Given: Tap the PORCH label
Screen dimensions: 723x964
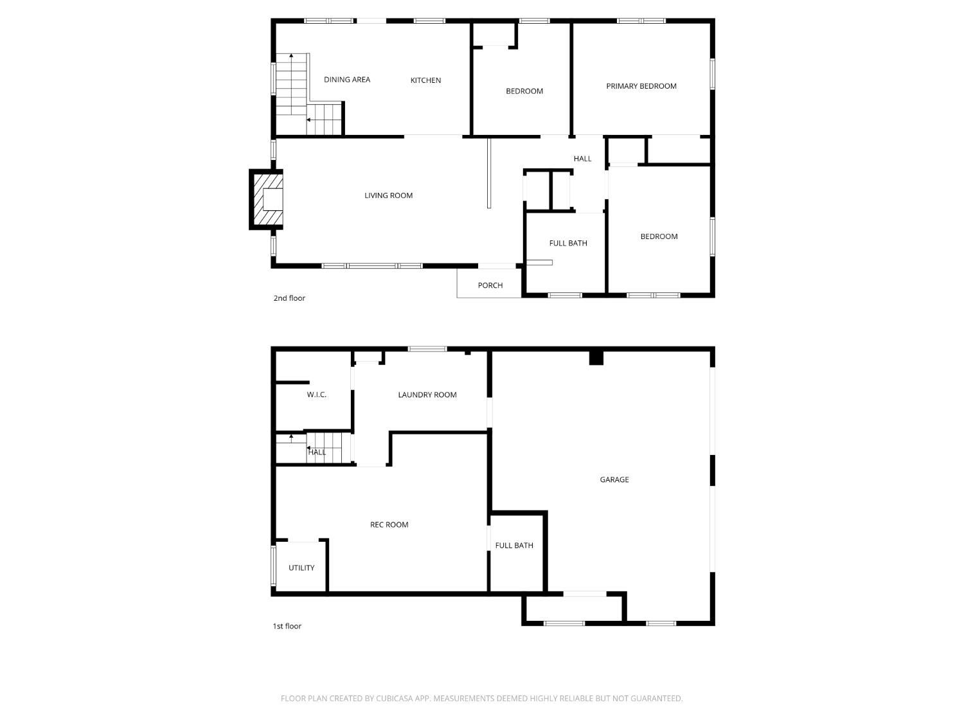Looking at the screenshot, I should click(490, 285).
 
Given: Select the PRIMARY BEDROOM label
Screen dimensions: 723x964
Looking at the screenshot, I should click(641, 86).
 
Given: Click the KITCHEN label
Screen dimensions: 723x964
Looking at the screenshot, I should click(425, 80).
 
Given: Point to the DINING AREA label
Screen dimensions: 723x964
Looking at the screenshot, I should click(347, 80).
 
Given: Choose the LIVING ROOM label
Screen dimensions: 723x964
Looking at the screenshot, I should click(389, 195).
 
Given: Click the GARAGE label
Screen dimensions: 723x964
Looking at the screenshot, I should click(614, 479).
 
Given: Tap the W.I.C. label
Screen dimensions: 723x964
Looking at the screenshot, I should click(317, 395).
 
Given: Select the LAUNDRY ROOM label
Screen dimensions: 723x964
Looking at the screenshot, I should click(427, 395).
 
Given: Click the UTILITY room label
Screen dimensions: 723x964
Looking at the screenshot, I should click(301, 568).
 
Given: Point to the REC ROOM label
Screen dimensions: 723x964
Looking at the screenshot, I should click(389, 525).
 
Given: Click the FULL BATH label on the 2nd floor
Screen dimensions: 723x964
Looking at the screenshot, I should click(568, 243).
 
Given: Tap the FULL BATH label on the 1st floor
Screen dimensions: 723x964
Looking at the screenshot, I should click(514, 546).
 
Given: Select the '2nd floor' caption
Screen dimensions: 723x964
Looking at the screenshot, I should click(289, 298).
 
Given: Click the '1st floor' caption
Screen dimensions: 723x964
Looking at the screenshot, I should click(287, 626).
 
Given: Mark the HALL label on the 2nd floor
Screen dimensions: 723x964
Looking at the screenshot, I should click(582, 159).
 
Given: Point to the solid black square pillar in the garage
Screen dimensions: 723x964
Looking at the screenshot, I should click(596, 358).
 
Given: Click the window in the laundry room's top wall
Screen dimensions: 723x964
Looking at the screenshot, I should click(427, 349).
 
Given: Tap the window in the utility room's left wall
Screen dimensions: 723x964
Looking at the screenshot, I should click(273, 566).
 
